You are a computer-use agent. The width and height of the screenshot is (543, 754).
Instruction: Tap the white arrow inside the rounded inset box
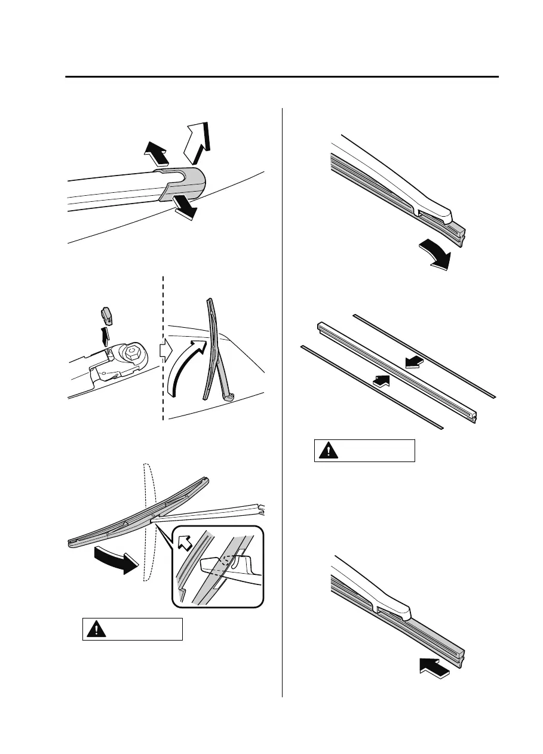(185, 540)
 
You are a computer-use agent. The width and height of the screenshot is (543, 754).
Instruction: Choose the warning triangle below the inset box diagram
(94, 630)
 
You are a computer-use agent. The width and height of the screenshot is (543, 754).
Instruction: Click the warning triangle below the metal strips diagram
(326, 451)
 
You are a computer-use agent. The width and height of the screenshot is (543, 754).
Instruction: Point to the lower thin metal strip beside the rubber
(370, 386)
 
